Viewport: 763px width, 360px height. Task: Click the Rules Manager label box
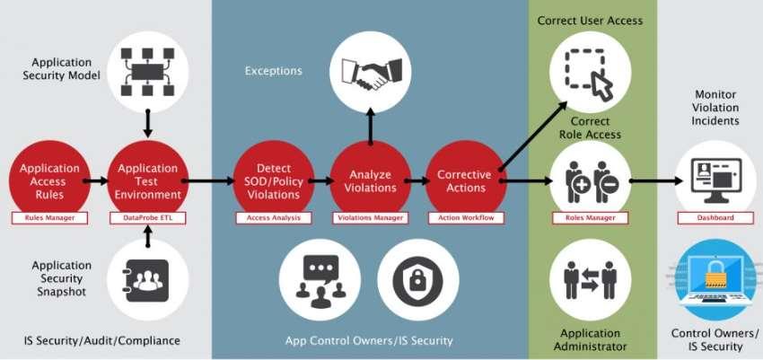(49, 217)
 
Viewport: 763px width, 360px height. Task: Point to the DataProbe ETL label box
(147, 217)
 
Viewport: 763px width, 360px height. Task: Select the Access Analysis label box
(273, 217)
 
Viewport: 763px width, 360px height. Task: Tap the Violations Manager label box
(370, 217)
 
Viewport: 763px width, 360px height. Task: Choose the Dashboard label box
(715, 217)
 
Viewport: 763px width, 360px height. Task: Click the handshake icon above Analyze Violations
(370, 72)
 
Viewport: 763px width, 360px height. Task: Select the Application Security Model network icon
(147, 72)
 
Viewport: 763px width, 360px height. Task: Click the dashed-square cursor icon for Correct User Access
(588, 72)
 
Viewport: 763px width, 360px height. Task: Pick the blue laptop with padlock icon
(715, 278)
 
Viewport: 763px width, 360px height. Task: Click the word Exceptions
(274, 70)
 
